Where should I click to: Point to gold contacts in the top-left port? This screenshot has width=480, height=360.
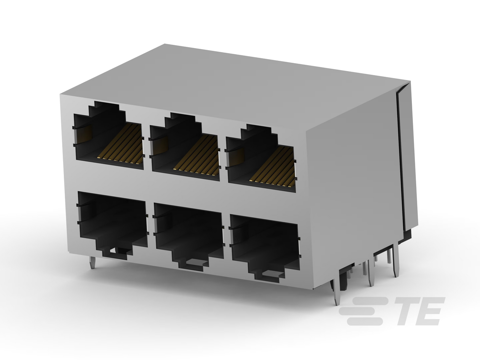pyautogui.click(x=120, y=144)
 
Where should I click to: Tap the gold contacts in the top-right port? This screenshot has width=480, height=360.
pyautogui.click(x=272, y=167)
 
